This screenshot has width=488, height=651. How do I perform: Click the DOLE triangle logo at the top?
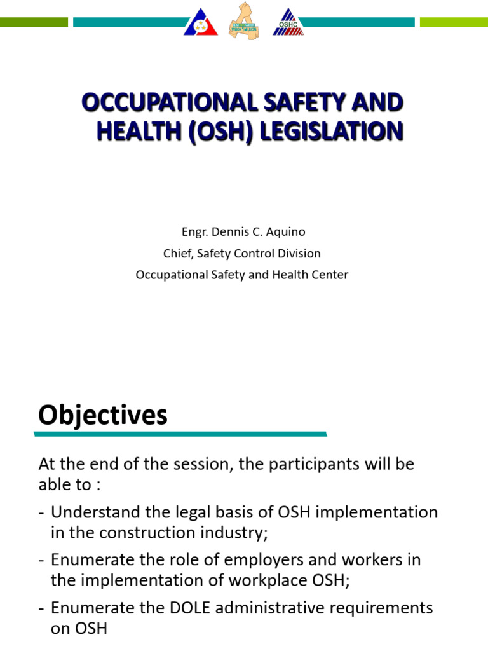point(201,22)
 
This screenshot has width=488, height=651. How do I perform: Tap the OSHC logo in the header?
point(288,22)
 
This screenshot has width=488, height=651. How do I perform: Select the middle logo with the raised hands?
point(244,21)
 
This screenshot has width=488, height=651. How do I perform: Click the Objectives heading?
point(103,415)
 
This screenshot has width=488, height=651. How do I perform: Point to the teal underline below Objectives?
point(181,434)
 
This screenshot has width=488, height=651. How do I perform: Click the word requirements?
point(383,608)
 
